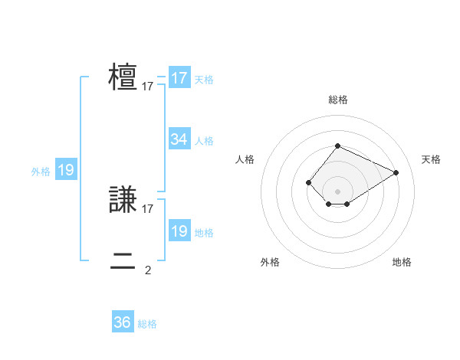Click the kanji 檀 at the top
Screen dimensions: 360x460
tap(123, 78)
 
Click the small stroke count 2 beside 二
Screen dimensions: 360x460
tap(148, 269)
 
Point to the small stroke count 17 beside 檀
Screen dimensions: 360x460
tap(148, 87)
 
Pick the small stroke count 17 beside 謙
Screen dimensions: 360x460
tap(148, 208)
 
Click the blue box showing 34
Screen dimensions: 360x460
tap(179, 139)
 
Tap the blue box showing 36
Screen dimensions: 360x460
tap(123, 322)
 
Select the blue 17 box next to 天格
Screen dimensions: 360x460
tap(179, 78)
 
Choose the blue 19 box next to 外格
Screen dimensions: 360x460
tap(66, 170)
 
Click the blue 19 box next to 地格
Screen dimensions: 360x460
tap(179, 231)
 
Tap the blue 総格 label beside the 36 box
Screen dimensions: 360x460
tap(147, 324)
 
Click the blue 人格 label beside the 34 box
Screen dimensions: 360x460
tap(204, 141)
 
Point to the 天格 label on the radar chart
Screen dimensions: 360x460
tap(431, 159)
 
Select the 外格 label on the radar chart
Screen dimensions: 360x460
tap(270, 262)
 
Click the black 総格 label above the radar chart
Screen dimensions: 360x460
tap(337, 100)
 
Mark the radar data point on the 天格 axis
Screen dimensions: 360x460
tap(396, 172)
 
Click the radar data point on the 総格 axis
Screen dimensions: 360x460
tap(337, 146)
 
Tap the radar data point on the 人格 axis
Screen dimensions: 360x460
tap(308, 182)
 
